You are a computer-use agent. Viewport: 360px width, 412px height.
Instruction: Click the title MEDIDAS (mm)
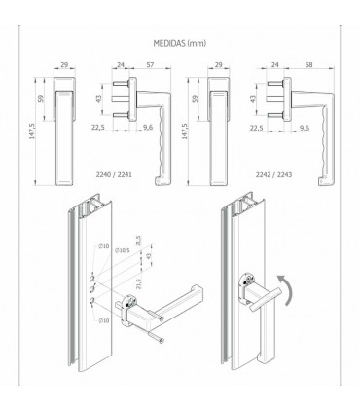(x=180, y=43)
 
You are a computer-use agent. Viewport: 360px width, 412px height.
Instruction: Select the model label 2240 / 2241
(x=114, y=174)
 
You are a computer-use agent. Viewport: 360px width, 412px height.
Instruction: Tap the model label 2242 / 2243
(x=274, y=174)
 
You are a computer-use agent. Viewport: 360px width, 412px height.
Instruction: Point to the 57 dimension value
(x=150, y=65)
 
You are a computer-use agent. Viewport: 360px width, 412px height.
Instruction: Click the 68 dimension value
(x=309, y=65)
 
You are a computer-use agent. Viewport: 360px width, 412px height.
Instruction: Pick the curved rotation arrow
(x=286, y=289)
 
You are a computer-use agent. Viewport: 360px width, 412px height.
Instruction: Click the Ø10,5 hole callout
(x=123, y=250)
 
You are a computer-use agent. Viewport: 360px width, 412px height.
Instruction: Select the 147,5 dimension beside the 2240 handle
(x=32, y=131)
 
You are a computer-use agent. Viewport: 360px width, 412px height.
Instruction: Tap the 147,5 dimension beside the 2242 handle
(x=185, y=131)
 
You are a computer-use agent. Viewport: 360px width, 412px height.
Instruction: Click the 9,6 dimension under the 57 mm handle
(x=148, y=128)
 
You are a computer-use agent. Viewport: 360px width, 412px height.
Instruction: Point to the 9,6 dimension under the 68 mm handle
(x=304, y=128)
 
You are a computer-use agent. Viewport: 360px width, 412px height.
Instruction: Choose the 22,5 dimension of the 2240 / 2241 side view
(x=97, y=128)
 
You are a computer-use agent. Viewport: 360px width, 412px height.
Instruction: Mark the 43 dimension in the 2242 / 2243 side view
(x=253, y=98)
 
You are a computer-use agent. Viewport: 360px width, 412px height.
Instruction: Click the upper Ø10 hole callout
(x=104, y=247)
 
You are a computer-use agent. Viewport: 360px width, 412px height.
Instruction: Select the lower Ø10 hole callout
(x=104, y=320)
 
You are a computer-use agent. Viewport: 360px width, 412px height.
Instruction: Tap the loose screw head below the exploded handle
(x=162, y=340)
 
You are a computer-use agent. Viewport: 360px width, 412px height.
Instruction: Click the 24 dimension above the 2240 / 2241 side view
(x=121, y=65)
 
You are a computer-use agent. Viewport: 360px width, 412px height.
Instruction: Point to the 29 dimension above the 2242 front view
(x=219, y=65)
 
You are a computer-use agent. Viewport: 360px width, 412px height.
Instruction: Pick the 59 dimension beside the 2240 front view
(x=41, y=98)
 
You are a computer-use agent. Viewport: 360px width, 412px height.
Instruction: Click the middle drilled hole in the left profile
(x=93, y=287)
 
